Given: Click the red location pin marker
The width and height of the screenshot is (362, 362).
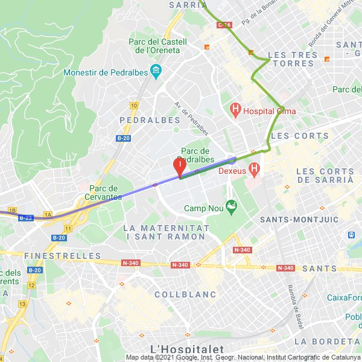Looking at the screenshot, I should [x=180, y=166].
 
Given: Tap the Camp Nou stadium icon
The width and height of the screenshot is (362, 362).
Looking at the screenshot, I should [x=230, y=208].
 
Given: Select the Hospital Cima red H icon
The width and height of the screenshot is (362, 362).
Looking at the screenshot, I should [x=235, y=110].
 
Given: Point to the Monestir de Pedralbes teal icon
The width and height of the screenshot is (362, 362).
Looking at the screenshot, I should [x=156, y=72].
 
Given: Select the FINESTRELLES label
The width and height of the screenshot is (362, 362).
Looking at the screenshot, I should [x=63, y=256].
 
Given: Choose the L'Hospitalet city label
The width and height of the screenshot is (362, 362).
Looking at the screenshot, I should [x=186, y=349].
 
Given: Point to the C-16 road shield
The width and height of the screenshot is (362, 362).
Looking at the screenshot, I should [x=224, y=25].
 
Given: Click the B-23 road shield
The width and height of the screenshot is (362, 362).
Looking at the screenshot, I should [x=25, y=218].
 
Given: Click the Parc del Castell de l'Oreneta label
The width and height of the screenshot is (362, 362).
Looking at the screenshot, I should [x=158, y=46].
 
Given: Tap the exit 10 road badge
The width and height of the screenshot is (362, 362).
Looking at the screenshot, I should [x=133, y=106].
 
